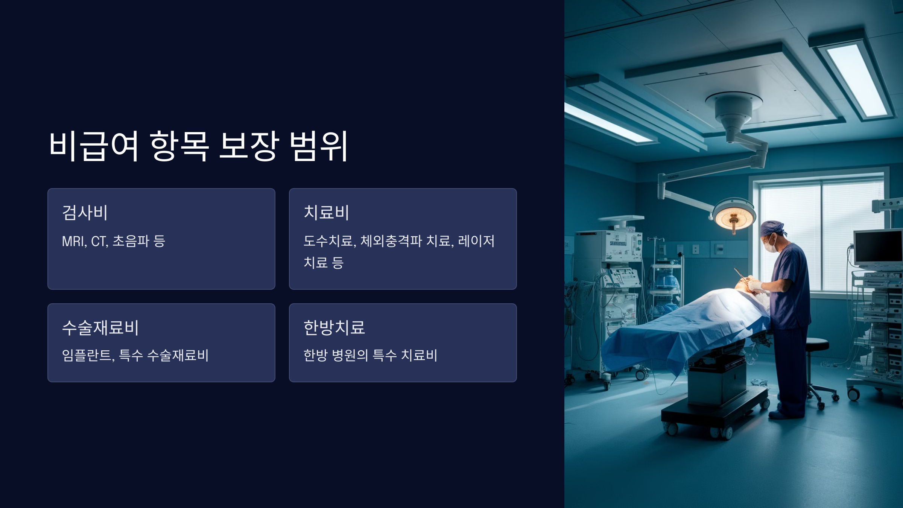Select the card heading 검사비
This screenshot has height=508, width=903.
[85, 213]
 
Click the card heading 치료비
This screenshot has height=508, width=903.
[327, 213]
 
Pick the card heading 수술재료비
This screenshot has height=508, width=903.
[100, 328]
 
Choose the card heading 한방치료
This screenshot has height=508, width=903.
[334, 328]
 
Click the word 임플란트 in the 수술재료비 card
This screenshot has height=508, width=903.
[88, 355]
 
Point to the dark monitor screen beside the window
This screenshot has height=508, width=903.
[879, 246]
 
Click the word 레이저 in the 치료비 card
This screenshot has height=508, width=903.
[476, 241]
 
